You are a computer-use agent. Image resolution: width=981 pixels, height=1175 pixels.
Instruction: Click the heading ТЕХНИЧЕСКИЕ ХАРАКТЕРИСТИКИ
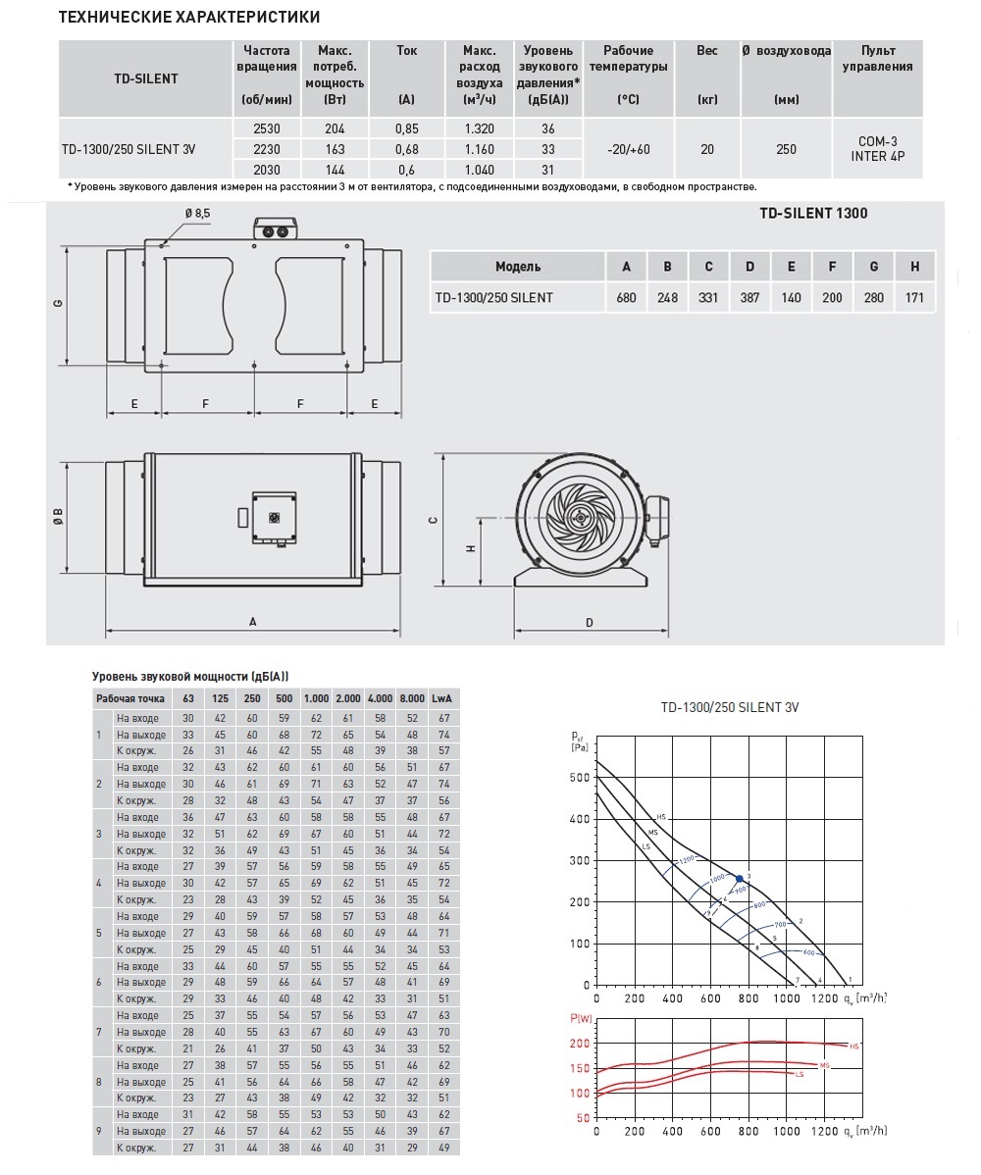click(x=189, y=18)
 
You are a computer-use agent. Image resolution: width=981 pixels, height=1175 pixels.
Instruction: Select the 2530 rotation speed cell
click(x=266, y=129)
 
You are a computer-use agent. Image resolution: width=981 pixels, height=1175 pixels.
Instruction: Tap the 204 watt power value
click(x=334, y=129)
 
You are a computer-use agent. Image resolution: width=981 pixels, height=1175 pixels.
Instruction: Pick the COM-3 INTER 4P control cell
click(x=877, y=149)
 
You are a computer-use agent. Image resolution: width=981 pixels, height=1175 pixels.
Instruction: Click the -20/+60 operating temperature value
click(x=628, y=149)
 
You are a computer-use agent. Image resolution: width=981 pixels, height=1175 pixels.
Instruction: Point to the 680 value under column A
click(x=626, y=297)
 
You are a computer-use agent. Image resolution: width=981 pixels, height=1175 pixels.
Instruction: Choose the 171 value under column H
click(x=914, y=297)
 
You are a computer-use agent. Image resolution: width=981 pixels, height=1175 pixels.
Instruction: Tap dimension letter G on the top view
click(x=59, y=302)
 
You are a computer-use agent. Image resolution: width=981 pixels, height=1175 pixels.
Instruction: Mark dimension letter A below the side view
click(x=252, y=621)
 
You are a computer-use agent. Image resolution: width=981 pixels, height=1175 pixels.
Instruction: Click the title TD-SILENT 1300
click(x=813, y=213)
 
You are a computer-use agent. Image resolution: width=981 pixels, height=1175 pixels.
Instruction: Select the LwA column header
click(x=441, y=698)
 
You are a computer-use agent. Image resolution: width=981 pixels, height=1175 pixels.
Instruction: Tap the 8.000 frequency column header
click(x=412, y=698)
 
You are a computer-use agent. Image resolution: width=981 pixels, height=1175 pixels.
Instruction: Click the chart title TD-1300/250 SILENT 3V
click(x=729, y=706)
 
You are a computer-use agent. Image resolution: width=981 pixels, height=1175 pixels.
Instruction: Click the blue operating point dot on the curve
click(x=739, y=878)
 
